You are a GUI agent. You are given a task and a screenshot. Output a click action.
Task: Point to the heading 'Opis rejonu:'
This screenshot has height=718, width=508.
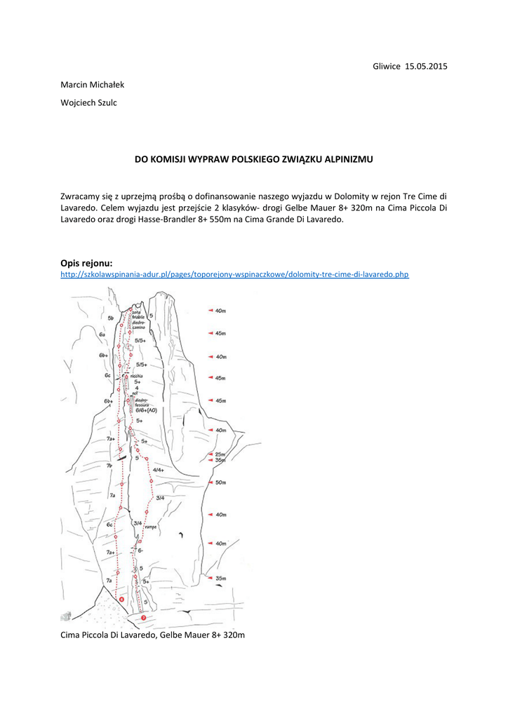86,262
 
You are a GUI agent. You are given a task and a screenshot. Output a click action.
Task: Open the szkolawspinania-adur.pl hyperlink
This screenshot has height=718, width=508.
234,274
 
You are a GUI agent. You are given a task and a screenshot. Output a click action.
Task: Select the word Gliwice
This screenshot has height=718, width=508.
387,66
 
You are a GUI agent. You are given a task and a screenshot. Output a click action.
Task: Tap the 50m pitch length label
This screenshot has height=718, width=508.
220,482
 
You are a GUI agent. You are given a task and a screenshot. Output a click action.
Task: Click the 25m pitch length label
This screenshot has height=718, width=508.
220,454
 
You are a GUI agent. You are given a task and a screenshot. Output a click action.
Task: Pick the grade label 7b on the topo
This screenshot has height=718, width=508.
110,466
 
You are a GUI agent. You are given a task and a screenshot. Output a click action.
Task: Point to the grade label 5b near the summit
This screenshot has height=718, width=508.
111,318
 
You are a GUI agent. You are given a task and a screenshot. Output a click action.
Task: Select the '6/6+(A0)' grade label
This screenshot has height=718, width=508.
146,410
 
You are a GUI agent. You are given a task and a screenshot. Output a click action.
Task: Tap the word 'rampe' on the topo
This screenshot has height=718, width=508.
151,527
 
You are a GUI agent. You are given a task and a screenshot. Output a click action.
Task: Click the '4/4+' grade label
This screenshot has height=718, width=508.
158,470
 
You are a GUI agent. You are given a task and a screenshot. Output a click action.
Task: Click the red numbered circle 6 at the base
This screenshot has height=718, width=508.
122,600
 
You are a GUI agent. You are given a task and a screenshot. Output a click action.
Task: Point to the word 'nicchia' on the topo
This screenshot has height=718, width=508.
137,375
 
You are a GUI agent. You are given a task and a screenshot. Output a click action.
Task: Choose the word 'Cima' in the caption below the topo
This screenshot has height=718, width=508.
72,635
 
